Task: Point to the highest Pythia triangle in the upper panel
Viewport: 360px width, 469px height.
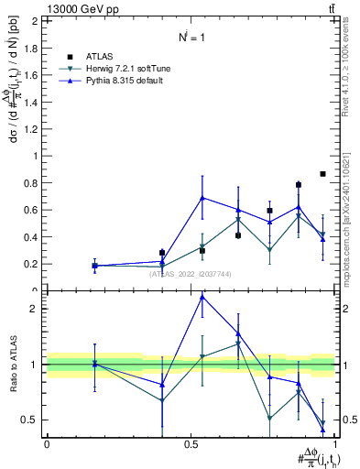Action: (x=202, y=197)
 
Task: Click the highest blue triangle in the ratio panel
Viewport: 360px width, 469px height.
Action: (x=202, y=297)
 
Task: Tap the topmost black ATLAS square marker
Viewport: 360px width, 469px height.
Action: (x=322, y=174)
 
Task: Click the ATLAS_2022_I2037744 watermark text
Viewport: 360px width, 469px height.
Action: (x=190, y=274)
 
